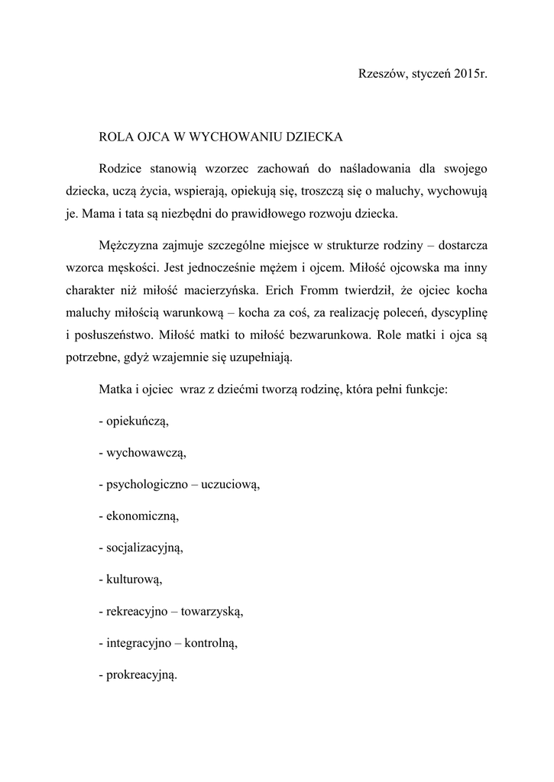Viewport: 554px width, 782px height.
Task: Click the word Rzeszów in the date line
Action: (381, 74)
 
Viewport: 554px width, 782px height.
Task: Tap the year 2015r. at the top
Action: (468, 74)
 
